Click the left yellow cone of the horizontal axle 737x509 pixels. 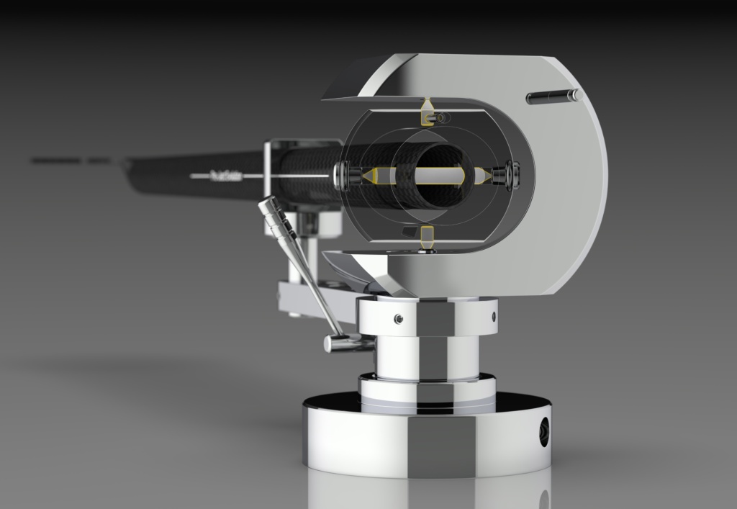pyautogui.click(x=371, y=175)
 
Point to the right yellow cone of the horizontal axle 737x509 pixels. pyautogui.click(x=483, y=175)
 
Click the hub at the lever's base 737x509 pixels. pyautogui.click(x=338, y=343)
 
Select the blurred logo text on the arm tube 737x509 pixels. pyautogui.click(x=224, y=174)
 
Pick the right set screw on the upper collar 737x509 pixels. pyautogui.click(x=494, y=315)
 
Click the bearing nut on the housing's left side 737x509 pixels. pyautogui.click(x=344, y=174)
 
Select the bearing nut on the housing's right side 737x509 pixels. pyautogui.click(x=512, y=174)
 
